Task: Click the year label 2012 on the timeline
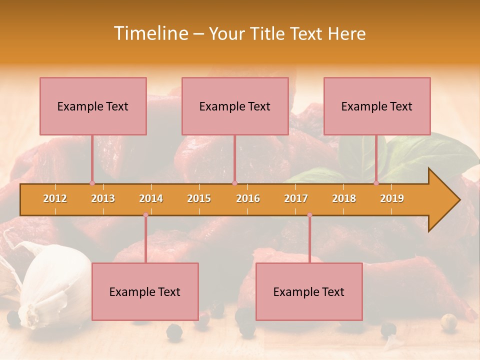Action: pos(55,198)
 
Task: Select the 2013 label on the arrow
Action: pos(103,198)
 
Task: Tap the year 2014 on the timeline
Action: pos(151,198)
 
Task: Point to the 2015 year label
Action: pos(199,198)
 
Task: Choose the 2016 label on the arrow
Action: pos(248,198)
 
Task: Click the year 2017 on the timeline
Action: pos(296,198)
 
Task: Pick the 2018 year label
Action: pos(344,198)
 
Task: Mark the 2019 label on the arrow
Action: pos(392,198)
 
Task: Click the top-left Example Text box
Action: pos(93,106)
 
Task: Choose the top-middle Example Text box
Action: pos(235,106)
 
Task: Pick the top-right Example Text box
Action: pos(377,106)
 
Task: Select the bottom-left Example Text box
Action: pos(145,291)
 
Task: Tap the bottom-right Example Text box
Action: pos(309,291)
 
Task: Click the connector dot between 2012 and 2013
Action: pos(92,183)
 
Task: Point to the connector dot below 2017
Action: pos(309,215)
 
